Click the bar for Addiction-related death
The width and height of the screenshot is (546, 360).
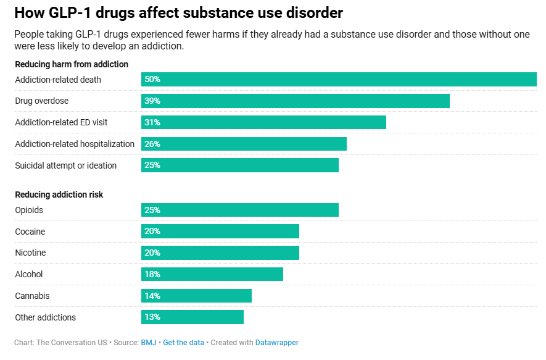pyautogui.click(x=339, y=79)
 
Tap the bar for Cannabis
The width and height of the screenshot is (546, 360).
pyautogui.click(x=196, y=296)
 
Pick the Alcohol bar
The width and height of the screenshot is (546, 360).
pyautogui.click(x=212, y=274)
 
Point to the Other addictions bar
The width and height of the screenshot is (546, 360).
pyautogui.click(x=192, y=317)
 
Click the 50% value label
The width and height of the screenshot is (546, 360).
pyautogui.click(x=152, y=79)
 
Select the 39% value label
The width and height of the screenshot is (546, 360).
pyautogui.click(x=152, y=101)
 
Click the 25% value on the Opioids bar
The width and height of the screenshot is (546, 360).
pyautogui.click(x=152, y=210)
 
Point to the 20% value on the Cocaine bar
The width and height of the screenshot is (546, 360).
pyautogui.click(x=152, y=232)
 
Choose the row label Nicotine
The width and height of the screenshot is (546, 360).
pyautogui.click(x=30, y=253)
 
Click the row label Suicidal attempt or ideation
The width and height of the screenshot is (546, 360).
pyautogui.click(x=65, y=165)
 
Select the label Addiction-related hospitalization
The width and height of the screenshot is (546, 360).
pyautogui.click(x=75, y=144)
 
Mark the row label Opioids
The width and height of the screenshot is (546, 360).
pyautogui.click(x=29, y=210)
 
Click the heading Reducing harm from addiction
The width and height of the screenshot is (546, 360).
pyautogui.click(x=72, y=64)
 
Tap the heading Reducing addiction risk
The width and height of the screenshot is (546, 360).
pyautogui.click(x=59, y=195)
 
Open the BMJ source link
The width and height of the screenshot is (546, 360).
pyautogui.click(x=148, y=342)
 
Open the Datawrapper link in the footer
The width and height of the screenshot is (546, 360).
pyautogui.click(x=276, y=342)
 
